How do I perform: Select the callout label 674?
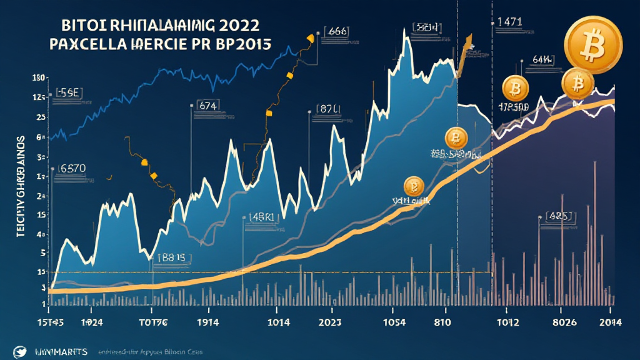[207, 106]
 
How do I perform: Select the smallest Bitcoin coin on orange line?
[414, 185]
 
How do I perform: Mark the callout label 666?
[336, 31]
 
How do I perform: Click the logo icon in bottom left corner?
[22, 351]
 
